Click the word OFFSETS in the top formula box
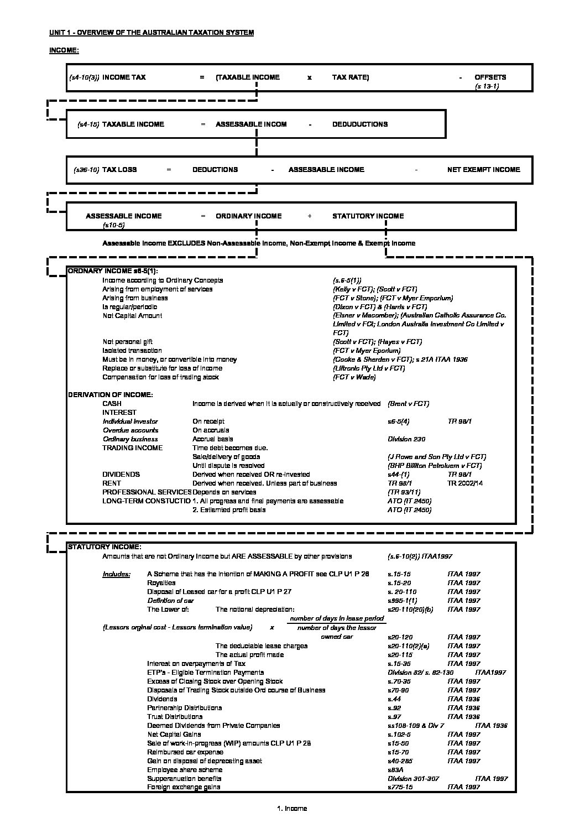click(490, 77)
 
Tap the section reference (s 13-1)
click(487, 87)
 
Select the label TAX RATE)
click(350, 77)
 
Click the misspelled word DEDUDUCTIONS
click(359, 124)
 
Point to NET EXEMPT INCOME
click(483, 170)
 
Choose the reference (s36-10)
click(86, 170)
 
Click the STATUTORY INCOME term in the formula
click(368, 216)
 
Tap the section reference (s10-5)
click(114, 225)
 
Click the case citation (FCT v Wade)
click(354, 377)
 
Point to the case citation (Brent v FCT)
click(409, 404)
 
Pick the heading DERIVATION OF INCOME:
click(110, 395)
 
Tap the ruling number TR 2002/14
click(466, 483)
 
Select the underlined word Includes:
click(116, 574)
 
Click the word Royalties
click(161, 583)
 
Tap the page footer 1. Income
click(292, 809)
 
